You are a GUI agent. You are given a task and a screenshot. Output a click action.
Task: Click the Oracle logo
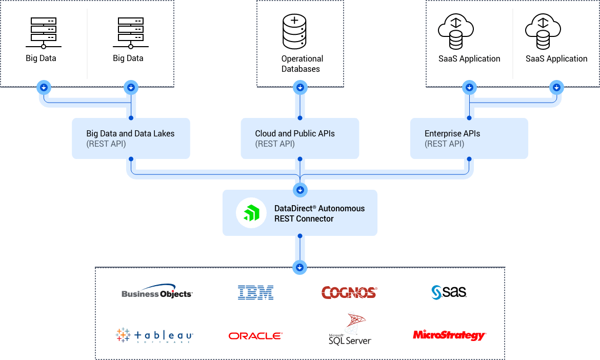click(255, 336)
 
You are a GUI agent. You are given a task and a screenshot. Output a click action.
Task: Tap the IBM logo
click(255, 293)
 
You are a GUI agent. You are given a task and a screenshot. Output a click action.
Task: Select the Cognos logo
click(349, 293)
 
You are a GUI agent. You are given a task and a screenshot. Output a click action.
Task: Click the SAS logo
click(449, 292)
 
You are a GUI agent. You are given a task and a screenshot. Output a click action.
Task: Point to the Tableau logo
click(154, 336)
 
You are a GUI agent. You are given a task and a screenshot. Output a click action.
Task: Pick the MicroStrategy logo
click(449, 335)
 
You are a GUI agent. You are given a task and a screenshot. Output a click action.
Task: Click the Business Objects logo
click(157, 292)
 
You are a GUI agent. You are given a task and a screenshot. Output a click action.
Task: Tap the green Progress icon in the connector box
click(251, 213)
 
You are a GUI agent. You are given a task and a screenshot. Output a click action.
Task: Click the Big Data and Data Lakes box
click(131, 138)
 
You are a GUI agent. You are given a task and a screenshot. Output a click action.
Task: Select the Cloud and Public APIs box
click(299, 138)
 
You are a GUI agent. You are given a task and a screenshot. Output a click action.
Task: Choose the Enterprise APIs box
click(469, 138)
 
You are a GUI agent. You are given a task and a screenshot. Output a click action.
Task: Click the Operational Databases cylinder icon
click(294, 31)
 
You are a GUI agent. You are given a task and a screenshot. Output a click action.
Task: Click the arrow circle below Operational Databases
click(300, 88)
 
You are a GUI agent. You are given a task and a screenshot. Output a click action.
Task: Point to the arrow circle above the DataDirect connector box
click(300, 190)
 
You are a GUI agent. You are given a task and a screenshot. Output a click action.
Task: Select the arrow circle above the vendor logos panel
click(299, 267)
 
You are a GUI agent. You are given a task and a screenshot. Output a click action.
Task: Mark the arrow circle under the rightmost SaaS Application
click(556, 88)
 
